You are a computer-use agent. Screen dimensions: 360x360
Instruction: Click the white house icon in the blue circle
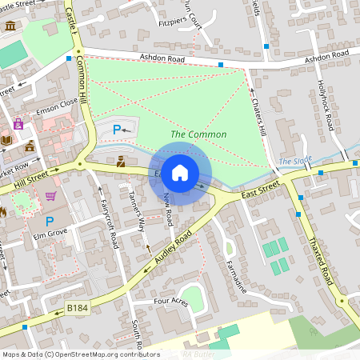(180, 173)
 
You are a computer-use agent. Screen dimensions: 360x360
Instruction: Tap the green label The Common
(198, 134)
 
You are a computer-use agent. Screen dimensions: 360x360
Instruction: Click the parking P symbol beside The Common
(118, 129)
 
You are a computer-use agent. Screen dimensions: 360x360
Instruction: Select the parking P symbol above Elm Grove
(50, 221)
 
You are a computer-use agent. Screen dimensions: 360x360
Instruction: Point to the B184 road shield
(77, 308)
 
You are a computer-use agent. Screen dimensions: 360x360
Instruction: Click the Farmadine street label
(238, 274)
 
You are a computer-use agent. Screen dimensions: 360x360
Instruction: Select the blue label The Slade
(295, 162)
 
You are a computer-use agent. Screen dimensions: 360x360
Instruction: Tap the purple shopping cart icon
(51, 196)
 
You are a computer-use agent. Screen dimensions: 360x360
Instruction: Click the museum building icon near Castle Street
(10, 26)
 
